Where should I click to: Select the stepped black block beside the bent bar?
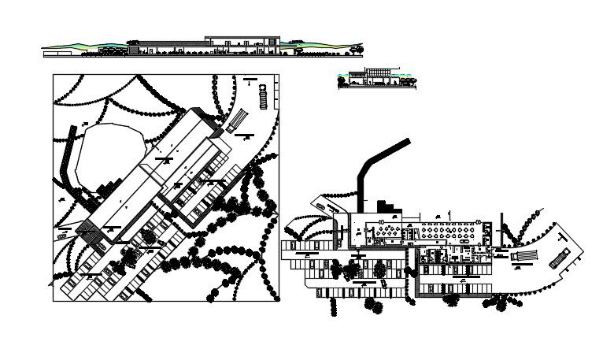pos(387,207)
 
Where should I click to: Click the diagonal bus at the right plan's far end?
pos(560,258)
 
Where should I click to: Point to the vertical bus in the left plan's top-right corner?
pos(263,98)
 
